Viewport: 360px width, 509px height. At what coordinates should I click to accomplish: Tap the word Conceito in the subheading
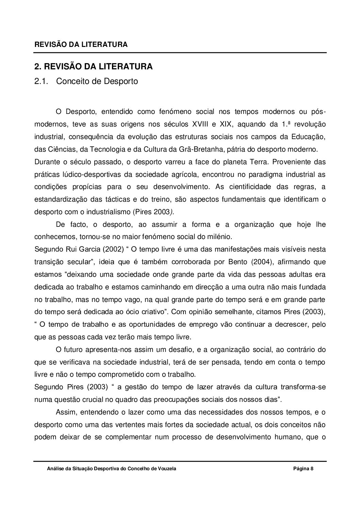coord(72,82)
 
